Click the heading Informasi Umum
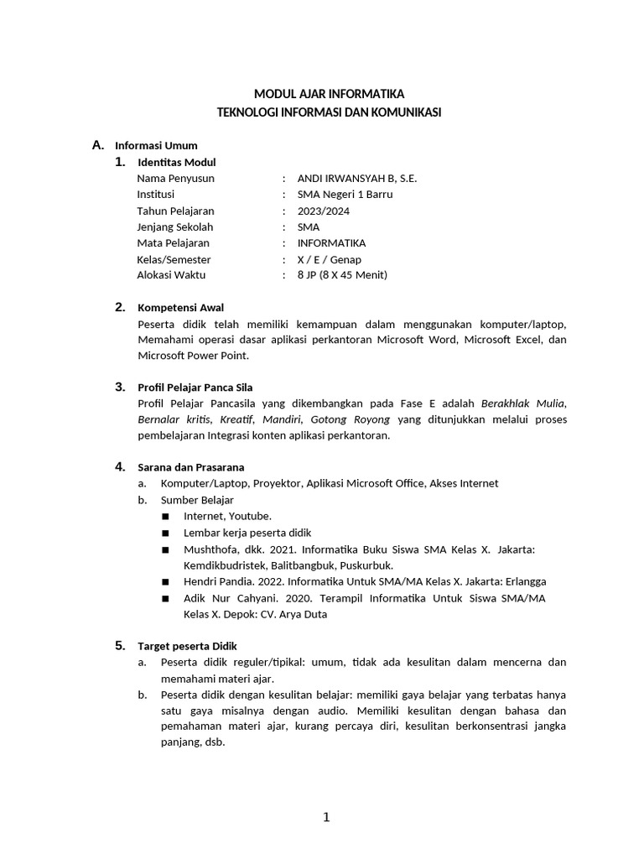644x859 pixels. (x=156, y=145)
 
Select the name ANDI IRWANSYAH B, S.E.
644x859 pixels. (x=357, y=179)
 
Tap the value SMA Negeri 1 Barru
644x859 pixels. (x=345, y=195)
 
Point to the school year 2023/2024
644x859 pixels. (x=324, y=211)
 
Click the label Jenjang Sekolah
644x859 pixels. (x=174, y=226)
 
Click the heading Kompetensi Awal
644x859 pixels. (x=180, y=307)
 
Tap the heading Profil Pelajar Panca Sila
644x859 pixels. (x=195, y=388)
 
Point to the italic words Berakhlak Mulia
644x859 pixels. (x=523, y=403)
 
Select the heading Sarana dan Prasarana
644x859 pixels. (x=190, y=467)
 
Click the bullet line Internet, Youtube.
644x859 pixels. (x=227, y=516)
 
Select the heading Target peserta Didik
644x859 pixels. (x=187, y=646)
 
